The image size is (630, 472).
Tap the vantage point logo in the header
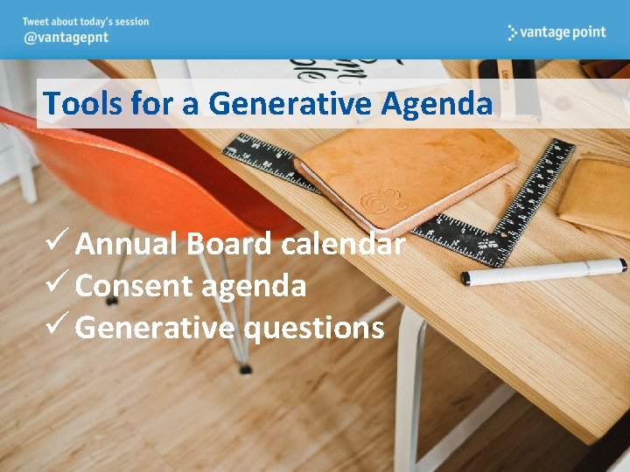(x=556, y=32)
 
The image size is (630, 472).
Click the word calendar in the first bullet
(x=343, y=244)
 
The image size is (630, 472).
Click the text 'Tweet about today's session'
(x=86, y=22)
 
